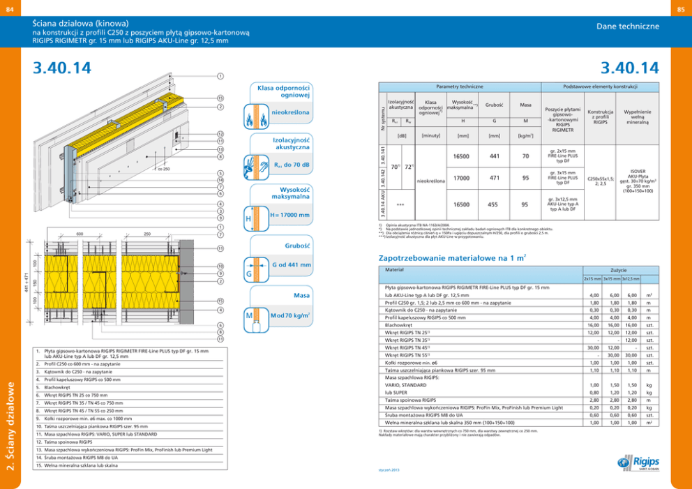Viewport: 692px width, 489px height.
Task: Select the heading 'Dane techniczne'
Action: tap(628, 26)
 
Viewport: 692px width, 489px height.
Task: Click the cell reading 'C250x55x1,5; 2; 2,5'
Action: tap(601, 180)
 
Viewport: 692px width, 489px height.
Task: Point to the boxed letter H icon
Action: tap(248, 219)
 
